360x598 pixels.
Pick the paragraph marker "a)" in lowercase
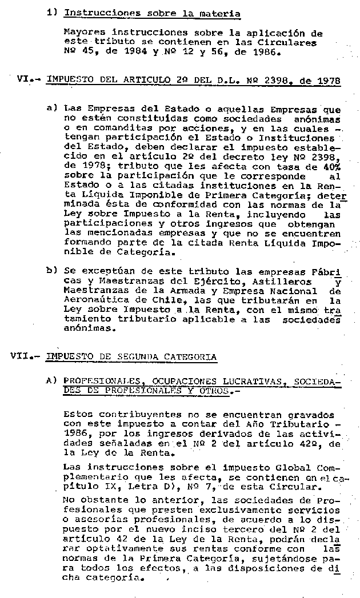51,108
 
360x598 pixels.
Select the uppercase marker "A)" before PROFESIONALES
51,381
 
